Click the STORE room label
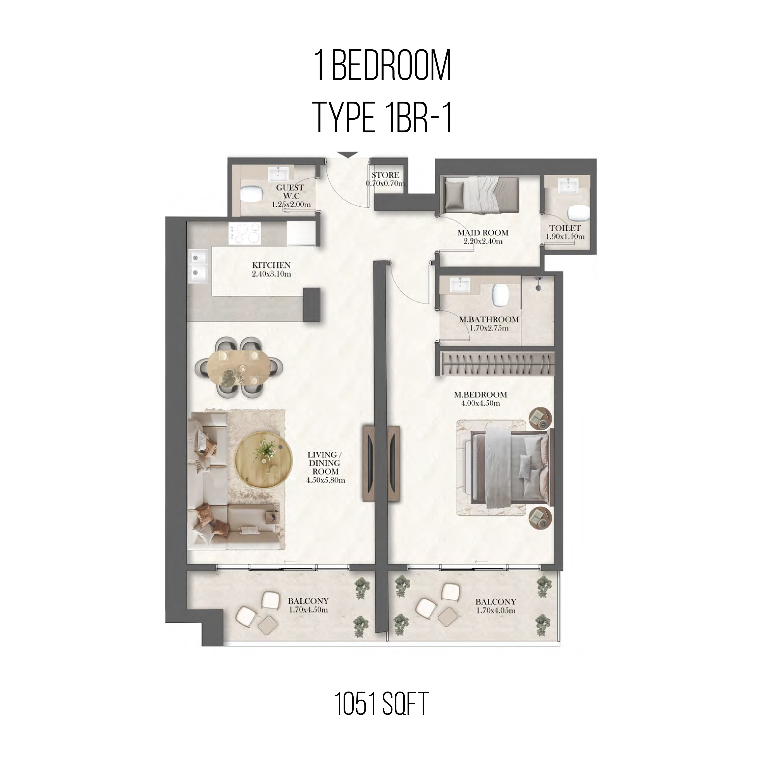(x=385, y=175)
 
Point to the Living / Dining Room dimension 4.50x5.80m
(x=325, y=480)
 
